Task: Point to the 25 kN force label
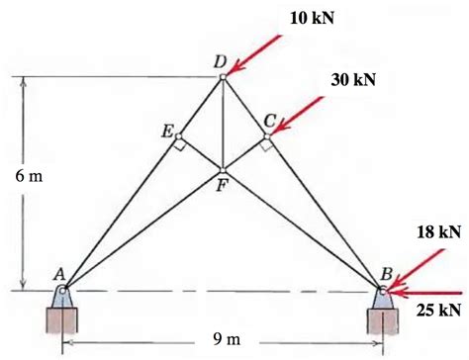pyautogui.click(x=437, y=311)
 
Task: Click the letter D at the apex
pyautogui.click(x=220, y=61)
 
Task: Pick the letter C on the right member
pyautogui.click(x=269, y=120)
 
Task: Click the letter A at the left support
pyautogui.click(x=59, y=274)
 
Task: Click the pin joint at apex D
pyautogui.click(x=223, y=76)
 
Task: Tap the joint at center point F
pyautogui.click(x=223, y=170)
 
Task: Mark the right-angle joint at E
pyautogui.click(x=178, y=137)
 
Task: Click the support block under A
pyautogui.click(x=61, y=318)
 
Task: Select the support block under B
pyautogui.click(x=384, y=318)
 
